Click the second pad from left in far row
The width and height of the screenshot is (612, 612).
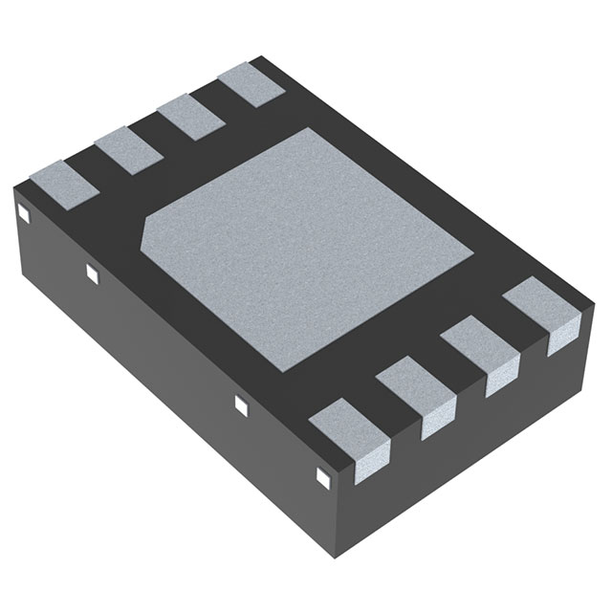point(125,149)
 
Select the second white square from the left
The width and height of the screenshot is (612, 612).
point(92,274)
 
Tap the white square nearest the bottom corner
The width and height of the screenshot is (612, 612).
point(321,473)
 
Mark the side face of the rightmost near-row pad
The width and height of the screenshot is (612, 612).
point(561,337)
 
